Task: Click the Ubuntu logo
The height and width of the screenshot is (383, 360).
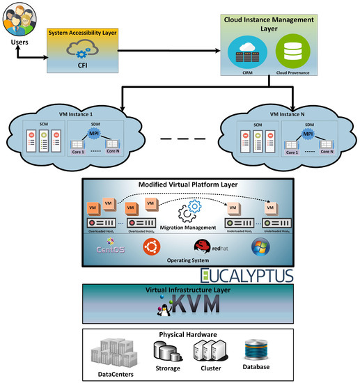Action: [148, 247]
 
